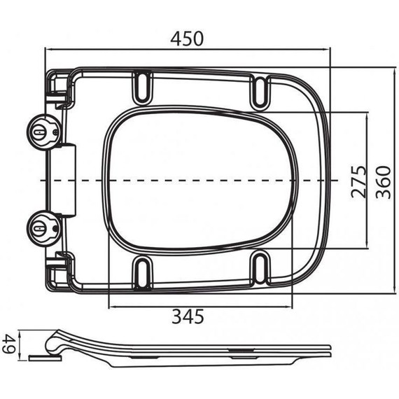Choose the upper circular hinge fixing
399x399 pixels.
(42, 131)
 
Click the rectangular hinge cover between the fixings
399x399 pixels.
(66, 180)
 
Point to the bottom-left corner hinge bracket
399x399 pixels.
(58, 269)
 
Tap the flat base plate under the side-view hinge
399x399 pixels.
(45, 356)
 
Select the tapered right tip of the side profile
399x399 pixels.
(329, 346)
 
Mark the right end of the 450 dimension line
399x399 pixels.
(330, 50)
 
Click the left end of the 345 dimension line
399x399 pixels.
(110, 306)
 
